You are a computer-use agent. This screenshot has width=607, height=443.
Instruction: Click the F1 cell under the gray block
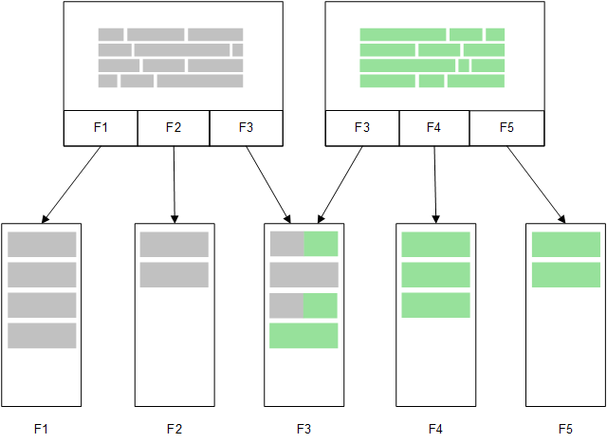tap(101, 128)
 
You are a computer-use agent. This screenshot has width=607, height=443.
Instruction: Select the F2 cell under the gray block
tap(173, 128)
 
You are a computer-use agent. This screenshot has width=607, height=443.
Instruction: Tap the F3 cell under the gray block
tap(246, 128)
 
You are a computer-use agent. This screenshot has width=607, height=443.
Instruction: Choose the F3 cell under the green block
tap(362, 128)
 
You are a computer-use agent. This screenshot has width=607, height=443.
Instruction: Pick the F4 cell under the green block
tap(434, 128)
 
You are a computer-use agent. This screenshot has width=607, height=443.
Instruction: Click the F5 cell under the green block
tap(506, 128)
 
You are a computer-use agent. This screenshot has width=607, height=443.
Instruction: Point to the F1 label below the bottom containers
tap(41, 429)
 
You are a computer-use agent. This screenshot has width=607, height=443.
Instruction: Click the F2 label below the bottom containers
tap(174, 429)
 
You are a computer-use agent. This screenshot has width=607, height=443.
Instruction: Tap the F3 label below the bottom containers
tap(303, 429)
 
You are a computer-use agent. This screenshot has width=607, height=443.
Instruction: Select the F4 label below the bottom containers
tap(435, 429)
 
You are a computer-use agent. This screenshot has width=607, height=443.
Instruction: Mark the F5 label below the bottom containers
tap(566, 429)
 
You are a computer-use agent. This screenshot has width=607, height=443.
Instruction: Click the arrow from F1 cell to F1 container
tap(72, 184)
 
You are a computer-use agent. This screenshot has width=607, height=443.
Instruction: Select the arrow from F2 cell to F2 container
tap(175, 184)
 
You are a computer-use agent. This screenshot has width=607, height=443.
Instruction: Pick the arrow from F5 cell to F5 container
tap(536, 184)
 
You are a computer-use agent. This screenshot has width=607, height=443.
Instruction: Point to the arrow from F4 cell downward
tap(435, 184)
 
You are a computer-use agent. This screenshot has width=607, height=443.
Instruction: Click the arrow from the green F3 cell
tap(339, 184)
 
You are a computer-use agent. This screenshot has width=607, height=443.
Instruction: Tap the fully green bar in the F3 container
tap(303, 336)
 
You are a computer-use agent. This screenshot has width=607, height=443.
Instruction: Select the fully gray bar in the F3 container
tap(303, 275)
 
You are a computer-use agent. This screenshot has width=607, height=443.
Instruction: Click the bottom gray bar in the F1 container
tap(42, 336)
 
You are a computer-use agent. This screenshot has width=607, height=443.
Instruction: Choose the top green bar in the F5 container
tap(566, 244)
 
